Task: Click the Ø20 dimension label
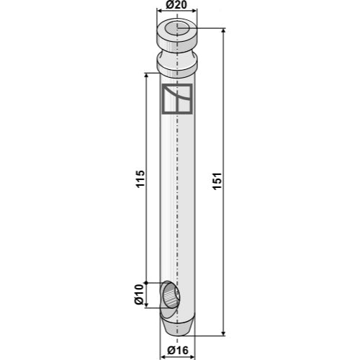click(x=176, y=5)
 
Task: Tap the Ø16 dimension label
click(x=178, y=351)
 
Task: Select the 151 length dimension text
click(x=217, y=181)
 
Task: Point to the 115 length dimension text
click(x=140, y=179)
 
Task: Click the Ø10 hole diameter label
click(x=139, y=294)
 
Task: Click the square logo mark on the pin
click(x=177, y=99)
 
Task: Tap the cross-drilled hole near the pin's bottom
click(x=171, y=295)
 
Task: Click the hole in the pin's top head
click(x=177, y=29)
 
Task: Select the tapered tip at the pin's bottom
click(x=176, y=325)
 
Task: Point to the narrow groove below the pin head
click(x=177, y=54)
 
